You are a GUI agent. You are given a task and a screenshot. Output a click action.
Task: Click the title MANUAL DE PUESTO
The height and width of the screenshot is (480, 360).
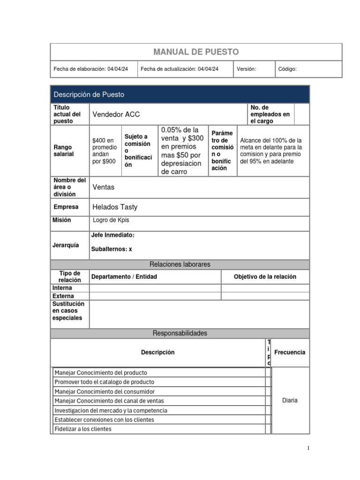tap(196, 52)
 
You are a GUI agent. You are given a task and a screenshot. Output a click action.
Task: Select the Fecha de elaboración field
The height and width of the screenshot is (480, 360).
tap(91, 69)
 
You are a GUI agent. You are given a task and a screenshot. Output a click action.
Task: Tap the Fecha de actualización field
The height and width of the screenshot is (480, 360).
tap(179, 69)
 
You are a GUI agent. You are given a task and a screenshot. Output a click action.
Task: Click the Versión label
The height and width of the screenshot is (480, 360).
tap(246, 69)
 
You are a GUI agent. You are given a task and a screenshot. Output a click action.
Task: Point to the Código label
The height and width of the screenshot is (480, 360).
tap(287, 69)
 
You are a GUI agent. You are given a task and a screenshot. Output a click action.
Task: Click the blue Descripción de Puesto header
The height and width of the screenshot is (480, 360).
tap(89, 95)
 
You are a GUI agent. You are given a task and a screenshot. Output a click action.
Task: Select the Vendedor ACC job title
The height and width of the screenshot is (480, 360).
tap(116, 114)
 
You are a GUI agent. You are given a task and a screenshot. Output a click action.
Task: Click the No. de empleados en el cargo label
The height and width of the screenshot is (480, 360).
tap(270, 114)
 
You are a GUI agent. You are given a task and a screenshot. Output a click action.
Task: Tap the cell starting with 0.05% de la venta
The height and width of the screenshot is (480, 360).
tap(182, 151)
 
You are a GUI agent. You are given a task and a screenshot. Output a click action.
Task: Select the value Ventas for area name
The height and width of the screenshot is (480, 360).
tap(104, 187)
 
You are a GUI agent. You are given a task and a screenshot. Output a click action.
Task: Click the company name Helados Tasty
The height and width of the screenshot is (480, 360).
tap(115, 207)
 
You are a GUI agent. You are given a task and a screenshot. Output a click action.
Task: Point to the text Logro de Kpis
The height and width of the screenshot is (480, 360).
tap(111, 220)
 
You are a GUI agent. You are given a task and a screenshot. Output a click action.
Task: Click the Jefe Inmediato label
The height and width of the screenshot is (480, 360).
tap(112, 235)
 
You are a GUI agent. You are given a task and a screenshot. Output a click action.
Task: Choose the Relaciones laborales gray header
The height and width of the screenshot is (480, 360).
tap(180, 264)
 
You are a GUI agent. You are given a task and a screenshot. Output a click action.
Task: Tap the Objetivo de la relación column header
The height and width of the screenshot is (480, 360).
tap(265, 277)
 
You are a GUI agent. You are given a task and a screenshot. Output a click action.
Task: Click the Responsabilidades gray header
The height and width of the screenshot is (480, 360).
tap(180, 333)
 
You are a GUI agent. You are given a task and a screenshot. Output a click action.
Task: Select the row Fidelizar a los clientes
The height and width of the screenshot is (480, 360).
tap(83, 429)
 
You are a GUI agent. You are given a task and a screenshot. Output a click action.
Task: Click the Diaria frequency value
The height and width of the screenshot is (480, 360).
tap(290, 400)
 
